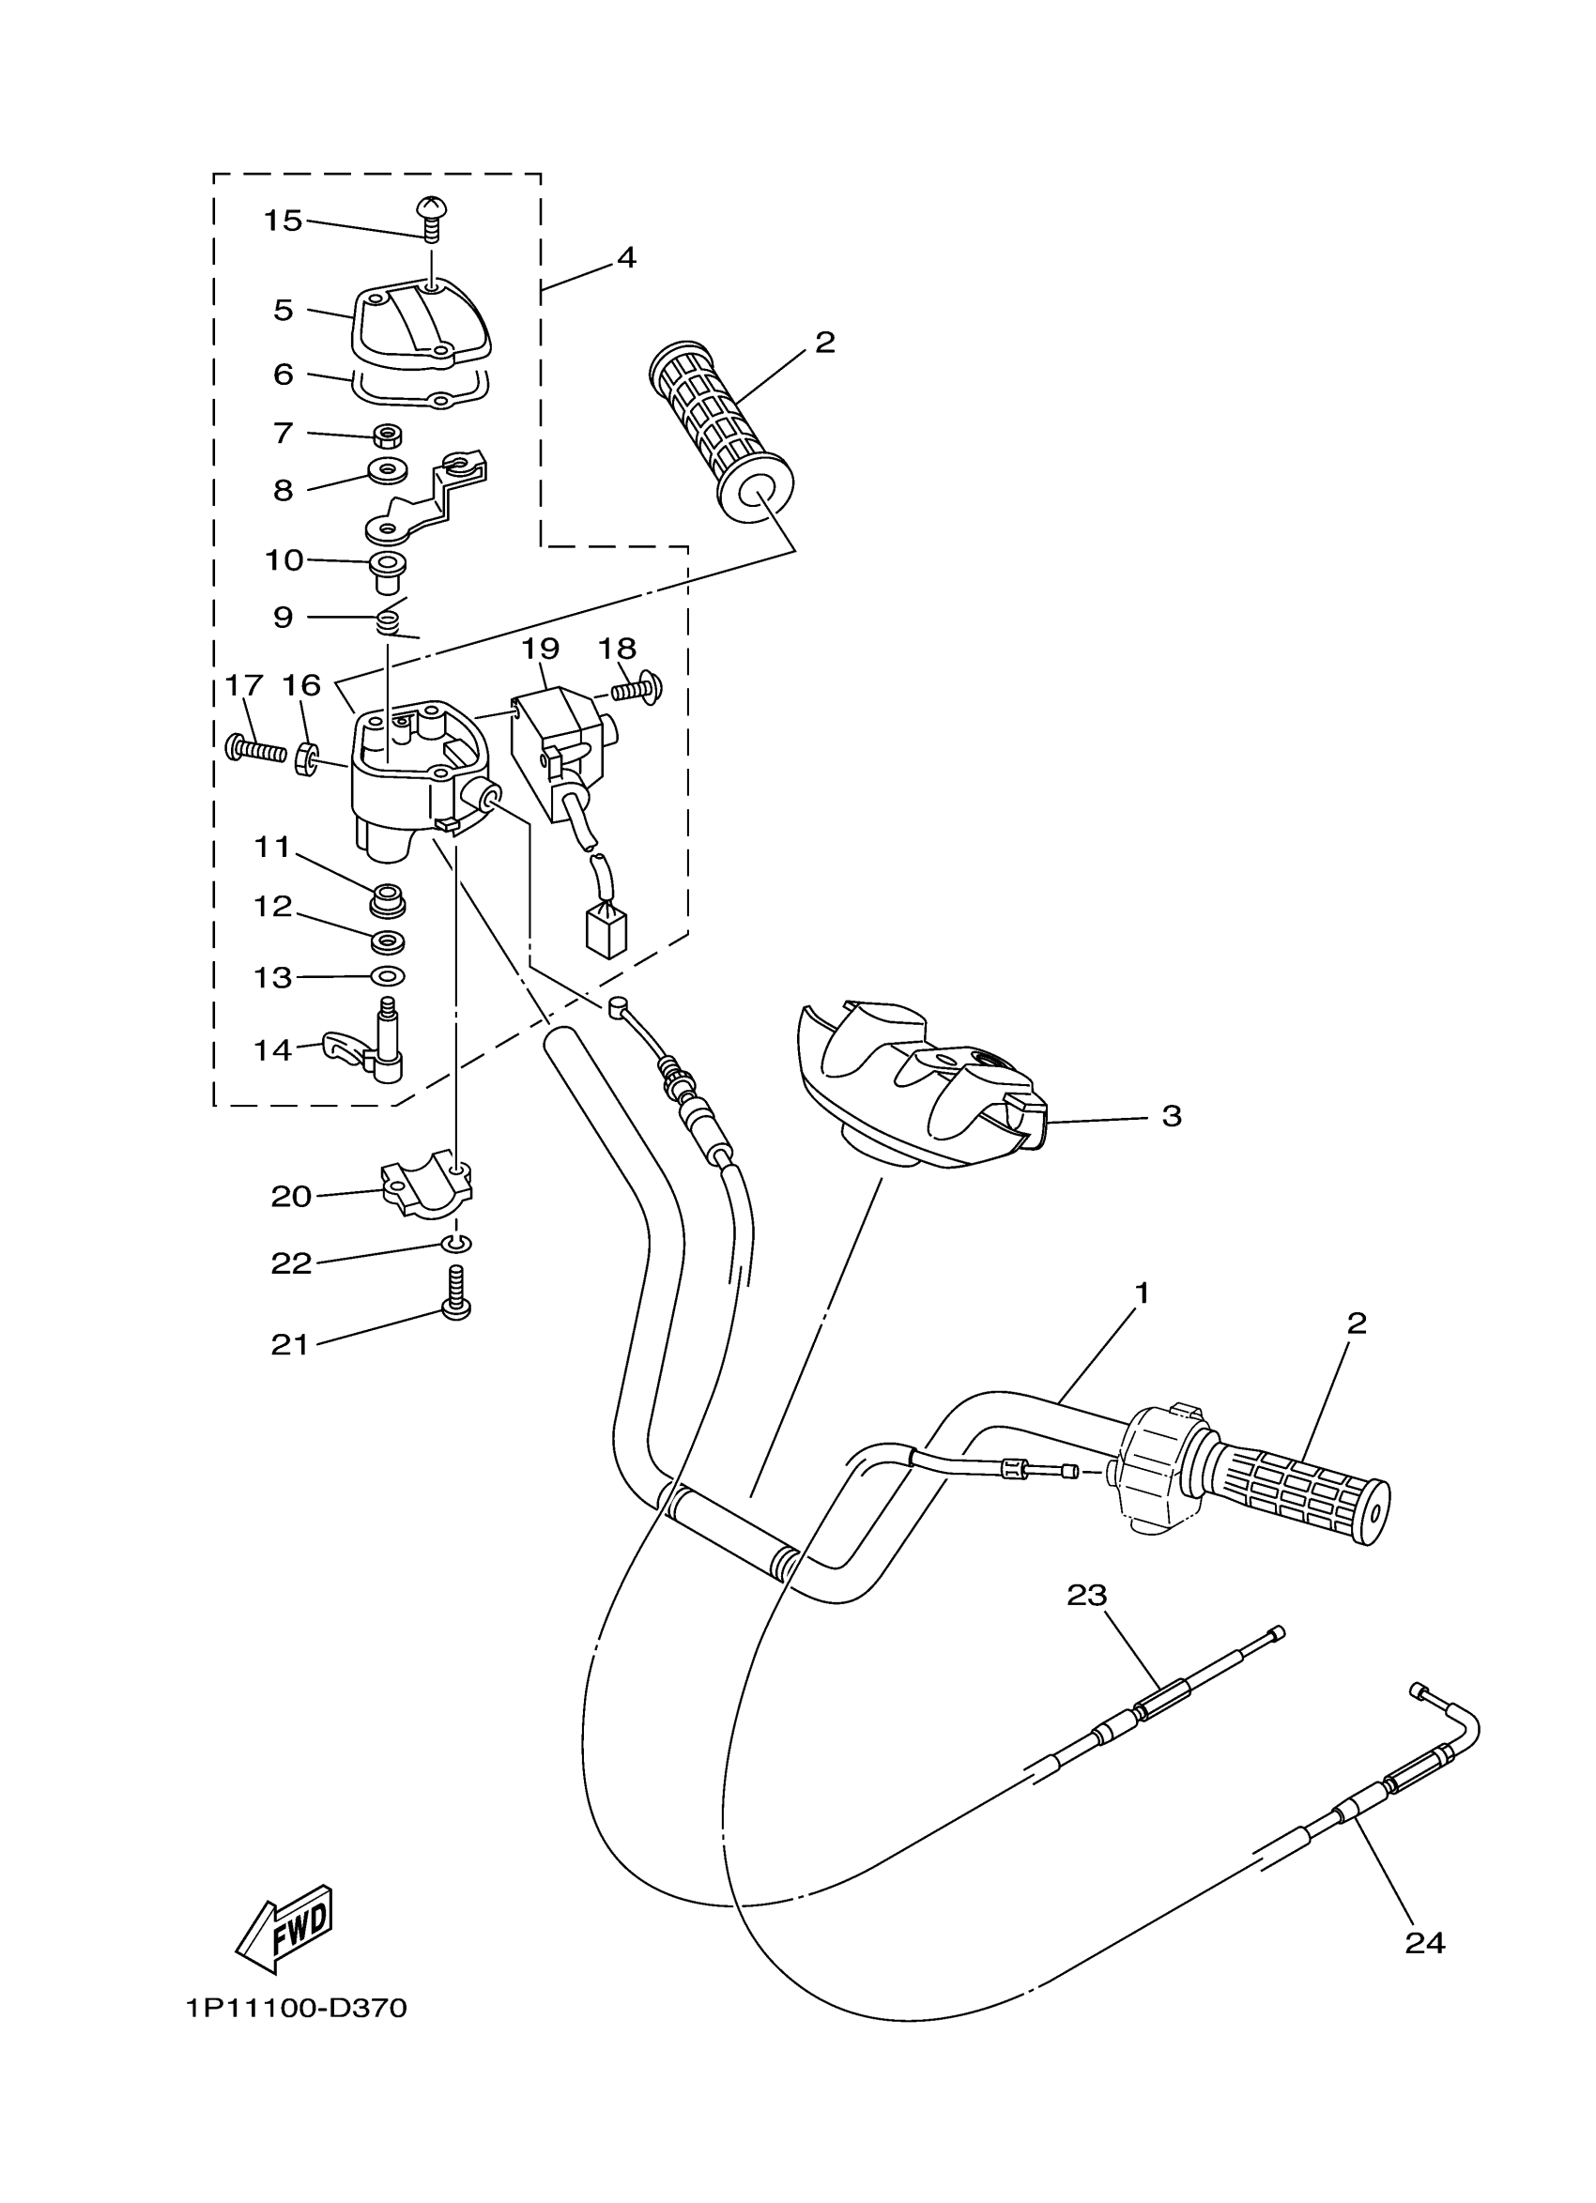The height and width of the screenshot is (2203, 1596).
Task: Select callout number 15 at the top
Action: pos(283,222)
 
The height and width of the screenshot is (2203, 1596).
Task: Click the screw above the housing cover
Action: pos(431,219)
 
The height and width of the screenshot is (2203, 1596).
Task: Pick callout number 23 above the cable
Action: pos(1087,1595)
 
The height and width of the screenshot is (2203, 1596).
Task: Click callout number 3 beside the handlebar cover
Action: pos(1172,1116)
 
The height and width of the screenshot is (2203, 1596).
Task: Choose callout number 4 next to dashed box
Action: pos(626,258)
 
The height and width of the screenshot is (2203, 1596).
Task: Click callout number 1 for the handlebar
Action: pos(1143,1293)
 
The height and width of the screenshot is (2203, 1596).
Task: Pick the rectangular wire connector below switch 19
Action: pos(606,930)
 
